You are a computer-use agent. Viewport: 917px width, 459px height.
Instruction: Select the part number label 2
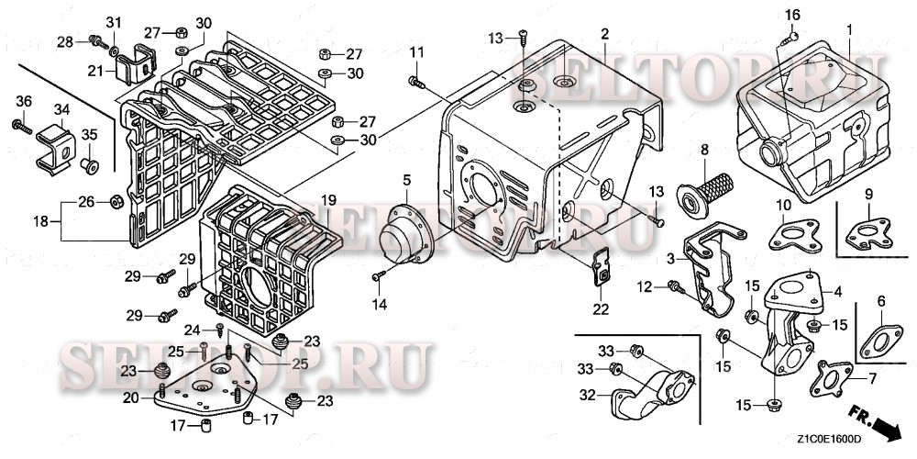click(604, 34)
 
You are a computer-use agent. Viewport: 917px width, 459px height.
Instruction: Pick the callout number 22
click(600, 309)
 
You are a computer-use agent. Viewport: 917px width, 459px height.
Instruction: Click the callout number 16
click(792, 14)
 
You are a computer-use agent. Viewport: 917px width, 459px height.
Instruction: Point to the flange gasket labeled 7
click(831, 383)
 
